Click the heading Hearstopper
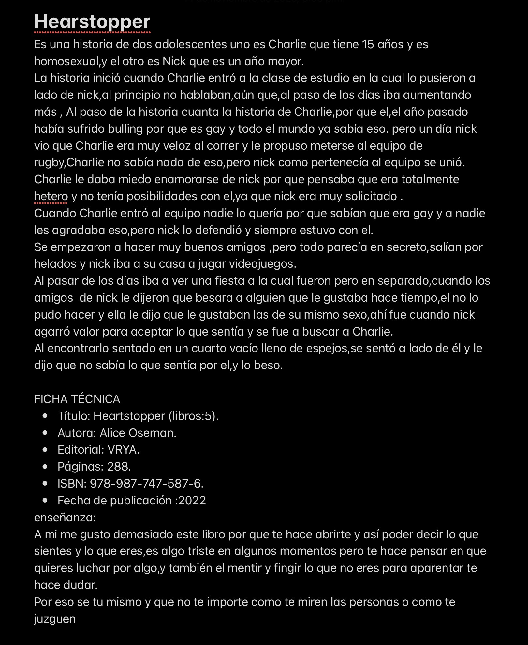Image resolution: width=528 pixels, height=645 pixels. coord(92,22)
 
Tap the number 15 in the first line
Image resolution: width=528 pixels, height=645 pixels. coord(368,44)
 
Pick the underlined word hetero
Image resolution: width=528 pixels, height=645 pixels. coord(51,197)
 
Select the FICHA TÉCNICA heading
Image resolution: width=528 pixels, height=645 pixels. coord(77,399)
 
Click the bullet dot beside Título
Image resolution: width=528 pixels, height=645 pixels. coord(45,416)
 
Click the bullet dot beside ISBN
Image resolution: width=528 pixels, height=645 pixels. coord(45,484)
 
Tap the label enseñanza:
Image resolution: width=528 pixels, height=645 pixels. coord(65,517)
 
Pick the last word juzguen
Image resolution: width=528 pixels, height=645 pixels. coord(55,619)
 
